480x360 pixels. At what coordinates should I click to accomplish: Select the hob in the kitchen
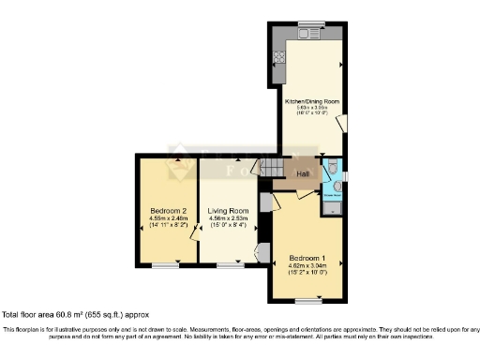coord(278,55)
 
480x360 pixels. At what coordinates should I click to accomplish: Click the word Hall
coord(303,173)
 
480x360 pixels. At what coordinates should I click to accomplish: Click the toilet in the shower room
coord(335,169)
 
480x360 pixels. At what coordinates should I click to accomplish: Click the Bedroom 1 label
coord(307,257)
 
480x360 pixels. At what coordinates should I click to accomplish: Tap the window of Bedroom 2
coord(166,266)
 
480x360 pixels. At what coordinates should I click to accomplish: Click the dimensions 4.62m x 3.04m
coord(307,266)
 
